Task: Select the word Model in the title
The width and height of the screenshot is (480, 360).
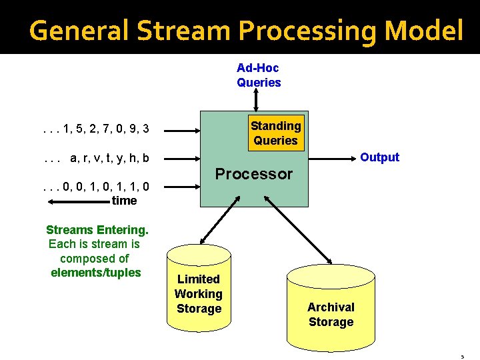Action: coord(427,30)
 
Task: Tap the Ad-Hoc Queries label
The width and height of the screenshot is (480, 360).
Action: coord(259,75)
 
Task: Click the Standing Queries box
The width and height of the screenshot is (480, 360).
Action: coord(275,133)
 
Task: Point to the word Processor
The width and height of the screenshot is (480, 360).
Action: coord(253,174)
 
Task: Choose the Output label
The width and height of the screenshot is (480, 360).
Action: coord(379,157)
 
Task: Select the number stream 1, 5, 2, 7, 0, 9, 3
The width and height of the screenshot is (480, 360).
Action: coord(95,129)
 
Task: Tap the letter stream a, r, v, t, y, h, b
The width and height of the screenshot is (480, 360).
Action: coord(95,159)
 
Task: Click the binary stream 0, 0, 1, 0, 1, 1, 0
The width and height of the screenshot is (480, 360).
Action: coord(95,187)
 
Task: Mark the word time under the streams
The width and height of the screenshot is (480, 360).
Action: coord(124,201)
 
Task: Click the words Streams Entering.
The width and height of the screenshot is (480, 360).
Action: coord(97,230)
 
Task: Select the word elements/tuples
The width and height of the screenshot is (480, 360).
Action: coord(96,273)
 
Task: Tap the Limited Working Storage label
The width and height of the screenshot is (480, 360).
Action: coord(199,294)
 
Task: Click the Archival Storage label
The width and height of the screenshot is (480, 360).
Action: coord(331,315)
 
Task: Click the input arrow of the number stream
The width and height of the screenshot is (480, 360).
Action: coord(181,129)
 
